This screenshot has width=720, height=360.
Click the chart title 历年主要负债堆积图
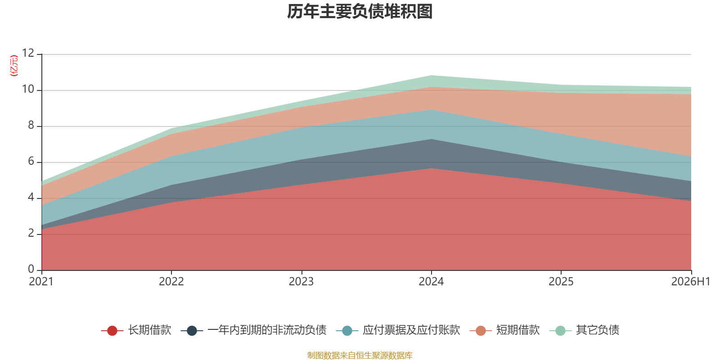[x=360, y=12]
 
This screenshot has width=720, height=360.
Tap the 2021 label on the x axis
[x=41, y=282]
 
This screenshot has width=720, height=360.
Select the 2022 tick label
[x=171, y=282]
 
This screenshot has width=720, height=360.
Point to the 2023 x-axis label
[x=301, y=282]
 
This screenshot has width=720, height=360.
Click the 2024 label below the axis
[x=431, y=282]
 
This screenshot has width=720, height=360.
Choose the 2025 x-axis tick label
[x=561, y=282]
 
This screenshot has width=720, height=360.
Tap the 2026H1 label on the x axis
[x=691, y=282]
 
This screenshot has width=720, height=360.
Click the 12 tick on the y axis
[x=28, y=53]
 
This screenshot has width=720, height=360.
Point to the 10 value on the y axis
[x=28, y=89]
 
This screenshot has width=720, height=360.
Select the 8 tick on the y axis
[x=31, y=125]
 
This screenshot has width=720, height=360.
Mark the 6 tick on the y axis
[x=31, y=161]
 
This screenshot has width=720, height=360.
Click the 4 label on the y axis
[x=31, y=197]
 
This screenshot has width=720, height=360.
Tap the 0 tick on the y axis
[x=31, y=269]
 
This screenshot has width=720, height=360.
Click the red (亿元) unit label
[x=14, y=66]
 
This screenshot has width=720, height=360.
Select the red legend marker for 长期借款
[x=112, y=330]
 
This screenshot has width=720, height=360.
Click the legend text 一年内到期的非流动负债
[x=267, y=330]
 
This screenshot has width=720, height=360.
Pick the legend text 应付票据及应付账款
[x=411, y=330]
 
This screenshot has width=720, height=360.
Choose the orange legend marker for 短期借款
[x=481, y=330]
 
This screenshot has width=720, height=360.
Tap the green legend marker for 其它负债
[x=561, y=330]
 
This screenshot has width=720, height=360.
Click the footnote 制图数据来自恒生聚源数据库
[x=360, y=355]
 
